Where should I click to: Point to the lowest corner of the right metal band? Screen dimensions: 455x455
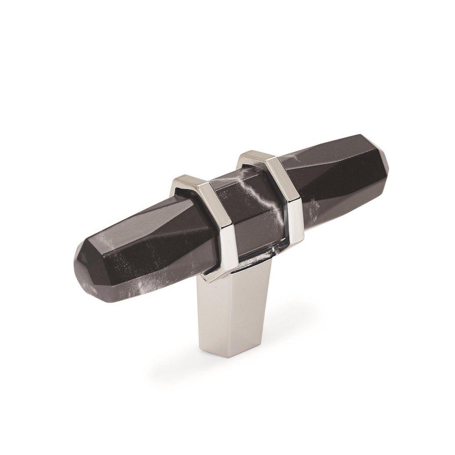click(296, 241)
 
